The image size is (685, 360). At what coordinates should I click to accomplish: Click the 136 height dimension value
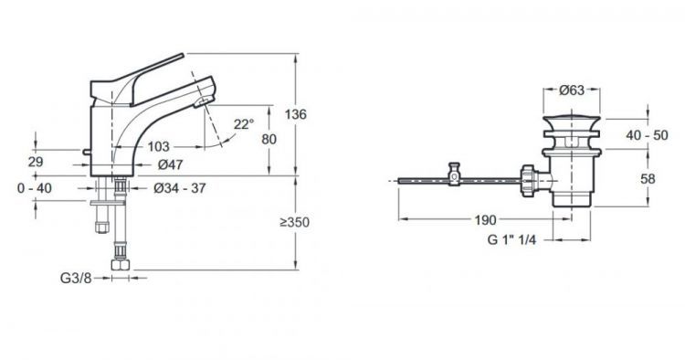[x=296, y=114]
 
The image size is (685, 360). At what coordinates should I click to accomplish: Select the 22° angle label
[x=243, y=124]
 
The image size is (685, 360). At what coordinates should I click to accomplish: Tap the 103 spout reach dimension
[x=158, y=146]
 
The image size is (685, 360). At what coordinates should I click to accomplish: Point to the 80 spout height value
[x=269, y=139]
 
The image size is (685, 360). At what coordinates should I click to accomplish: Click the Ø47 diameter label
[x=171, y=164]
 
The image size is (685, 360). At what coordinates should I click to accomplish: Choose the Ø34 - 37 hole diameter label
[x=180, y=188]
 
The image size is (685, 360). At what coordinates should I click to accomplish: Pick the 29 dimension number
[x=36, y=162]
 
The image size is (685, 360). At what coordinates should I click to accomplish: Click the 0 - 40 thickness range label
[x=35, y=188]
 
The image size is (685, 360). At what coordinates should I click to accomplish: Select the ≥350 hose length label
[x=294, y=222]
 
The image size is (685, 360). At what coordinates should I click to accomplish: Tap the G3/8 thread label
[x=76, y=278]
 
